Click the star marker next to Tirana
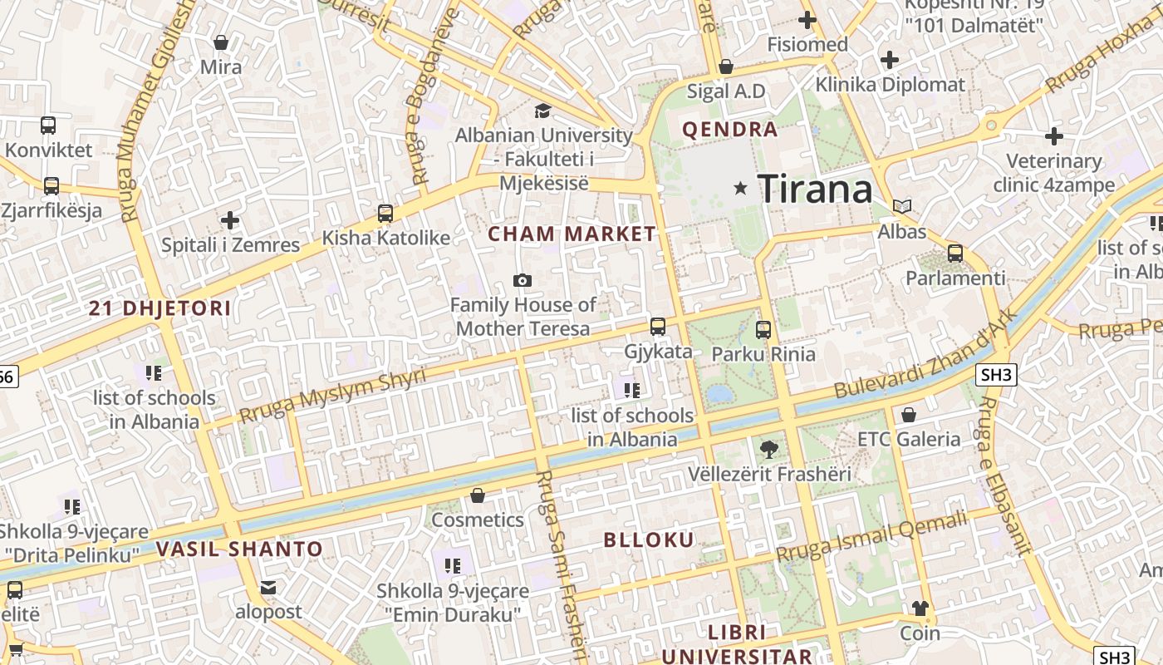pyautogui.click(x=740, y=189)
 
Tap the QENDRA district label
pyautogui.click(x=730, y=130)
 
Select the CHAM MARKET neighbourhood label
pyautogui.click(x=572, y=234)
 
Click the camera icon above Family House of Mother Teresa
pyautogui.click(x=523, y=281)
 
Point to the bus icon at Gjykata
pyautogui.click(x=658, y=326)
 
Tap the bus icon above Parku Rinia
pyautogui.click(x=763, y=329)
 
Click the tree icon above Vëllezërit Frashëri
pyautogui.click(x=769, y=450)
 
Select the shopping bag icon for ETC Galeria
pyautogui.click(x=909, y=414)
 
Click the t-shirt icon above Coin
pyautogui.click(x=920, y=608)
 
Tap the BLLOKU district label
pyautogui.click(x=649, y=540)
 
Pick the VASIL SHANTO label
pyautogui.click(x=239, y=549)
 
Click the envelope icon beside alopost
pyautogui.click(x=268, y=588)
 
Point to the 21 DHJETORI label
pyautogui.click(x=160, y=308)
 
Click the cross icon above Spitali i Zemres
pyautogui.click(x=230, y=220)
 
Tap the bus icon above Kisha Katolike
pyautogui.click(x=385, y=214)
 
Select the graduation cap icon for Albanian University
pyautogui.click(x=542, y=111)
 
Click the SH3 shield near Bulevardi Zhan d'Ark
pyautogui.click(x=997, y=375)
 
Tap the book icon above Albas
pyautogui.click(x=901, y=206)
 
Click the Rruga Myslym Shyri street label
pyautogui.click(x=332, y=396)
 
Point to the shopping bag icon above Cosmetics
pyautogui.click(x=478, y=496)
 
